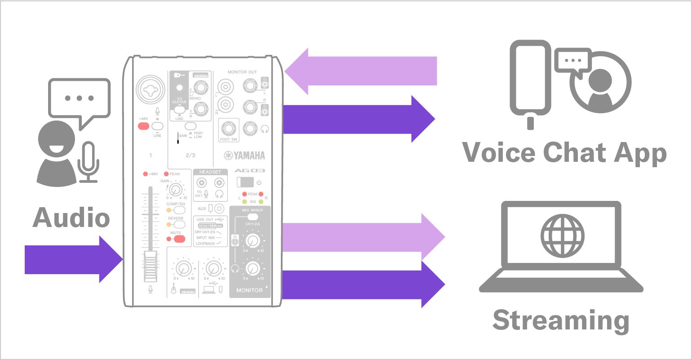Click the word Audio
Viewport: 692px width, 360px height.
coord(71,218)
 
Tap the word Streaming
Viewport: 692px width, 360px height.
coord(560,320)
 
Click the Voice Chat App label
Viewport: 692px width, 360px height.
coord(564,153)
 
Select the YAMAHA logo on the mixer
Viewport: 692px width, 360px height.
coord(244,156)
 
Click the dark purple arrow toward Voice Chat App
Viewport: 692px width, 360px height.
coord(359,119)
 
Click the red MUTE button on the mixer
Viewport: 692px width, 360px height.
coord(179,239)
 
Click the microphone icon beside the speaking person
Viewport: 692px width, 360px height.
coord(89,162)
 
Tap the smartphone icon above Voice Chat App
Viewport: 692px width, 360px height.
coord(530,81)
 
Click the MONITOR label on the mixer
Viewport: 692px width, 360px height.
coord(249,290)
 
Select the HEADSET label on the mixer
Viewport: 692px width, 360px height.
coord(210,172)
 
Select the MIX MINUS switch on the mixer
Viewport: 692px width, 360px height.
coord(252,216)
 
